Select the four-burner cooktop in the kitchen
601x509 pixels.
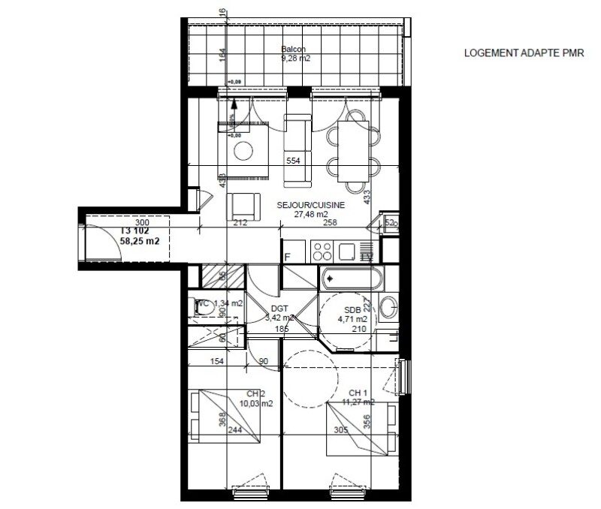[x=322, y=251]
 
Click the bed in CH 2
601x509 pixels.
[x=224, y=415]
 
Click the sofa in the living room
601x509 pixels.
[x=297, y=150]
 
